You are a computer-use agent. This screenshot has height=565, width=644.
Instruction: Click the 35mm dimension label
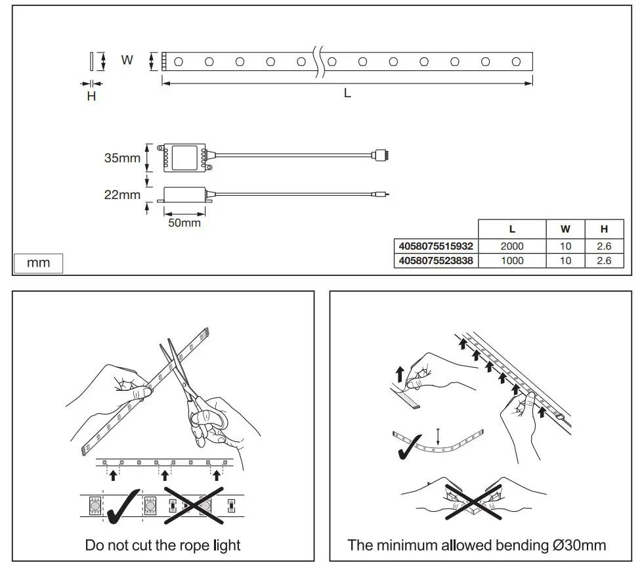(x=122, y=158)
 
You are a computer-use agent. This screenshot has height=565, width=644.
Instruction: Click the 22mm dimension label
(x=122, y=195)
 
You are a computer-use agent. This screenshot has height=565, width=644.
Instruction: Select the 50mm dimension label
(x=184, y=223)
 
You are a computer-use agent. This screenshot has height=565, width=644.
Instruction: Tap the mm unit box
(x=39, y=263)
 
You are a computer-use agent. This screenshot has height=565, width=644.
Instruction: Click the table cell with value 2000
(x=512, y=246)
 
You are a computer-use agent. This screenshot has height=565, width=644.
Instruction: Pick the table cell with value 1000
(x=512, y=261)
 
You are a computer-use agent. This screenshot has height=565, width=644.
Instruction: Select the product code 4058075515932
(x=435, y=246)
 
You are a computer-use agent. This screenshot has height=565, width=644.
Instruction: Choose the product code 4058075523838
(x=435, y=261)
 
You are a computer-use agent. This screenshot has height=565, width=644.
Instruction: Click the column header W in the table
(x=565, y=229)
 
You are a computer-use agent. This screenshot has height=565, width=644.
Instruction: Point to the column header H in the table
(x=604, y=229)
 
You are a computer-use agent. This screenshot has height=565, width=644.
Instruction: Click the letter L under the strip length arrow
(x=347, y=93)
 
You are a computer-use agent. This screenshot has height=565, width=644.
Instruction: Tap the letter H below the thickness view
(x=91, y=97)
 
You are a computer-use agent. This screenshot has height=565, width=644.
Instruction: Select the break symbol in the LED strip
(x=320, y=60)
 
